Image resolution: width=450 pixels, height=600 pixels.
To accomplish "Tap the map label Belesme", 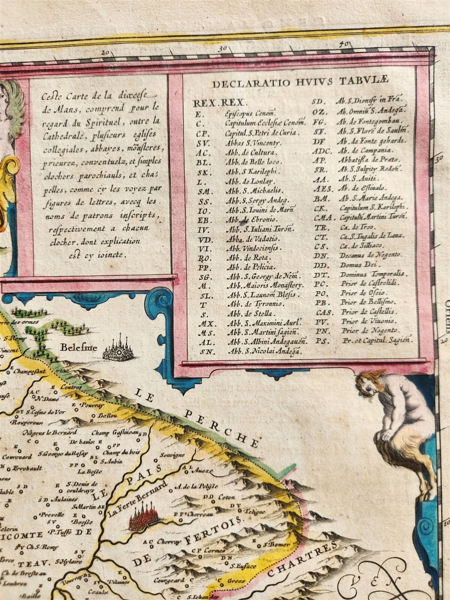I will pos(79,347).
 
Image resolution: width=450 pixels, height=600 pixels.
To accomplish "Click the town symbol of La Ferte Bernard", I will pos(143,518).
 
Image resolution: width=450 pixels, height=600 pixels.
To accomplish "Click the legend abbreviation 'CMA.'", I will pos(323,217).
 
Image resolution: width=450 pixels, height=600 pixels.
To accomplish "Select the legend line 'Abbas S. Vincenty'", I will pos(254,143).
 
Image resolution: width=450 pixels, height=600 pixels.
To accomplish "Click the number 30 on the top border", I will pos(223,49).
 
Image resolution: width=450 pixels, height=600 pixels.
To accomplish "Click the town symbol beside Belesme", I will pos(118,349).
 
